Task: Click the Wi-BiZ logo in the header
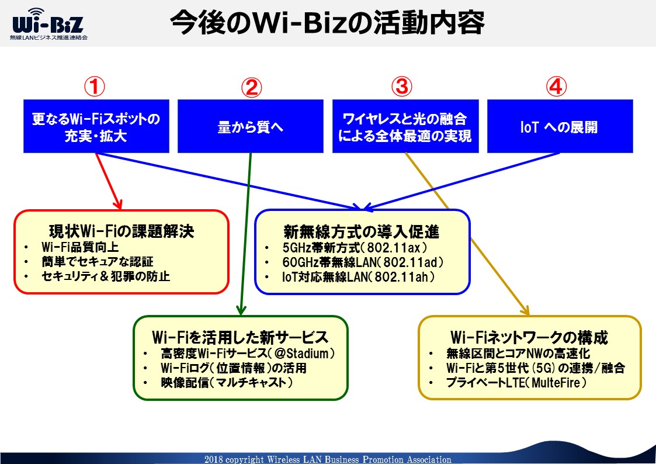48,25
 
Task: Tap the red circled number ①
94,86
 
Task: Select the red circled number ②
251,87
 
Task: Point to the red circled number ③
402,86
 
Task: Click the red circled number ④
557,86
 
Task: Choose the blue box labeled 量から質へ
251,126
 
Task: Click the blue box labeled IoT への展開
560,126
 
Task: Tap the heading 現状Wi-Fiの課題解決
122,231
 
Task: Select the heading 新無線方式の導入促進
362,231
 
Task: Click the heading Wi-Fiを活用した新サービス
240,337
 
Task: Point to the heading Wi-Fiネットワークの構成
529,337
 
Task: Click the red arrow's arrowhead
119,205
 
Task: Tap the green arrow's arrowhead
241,310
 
